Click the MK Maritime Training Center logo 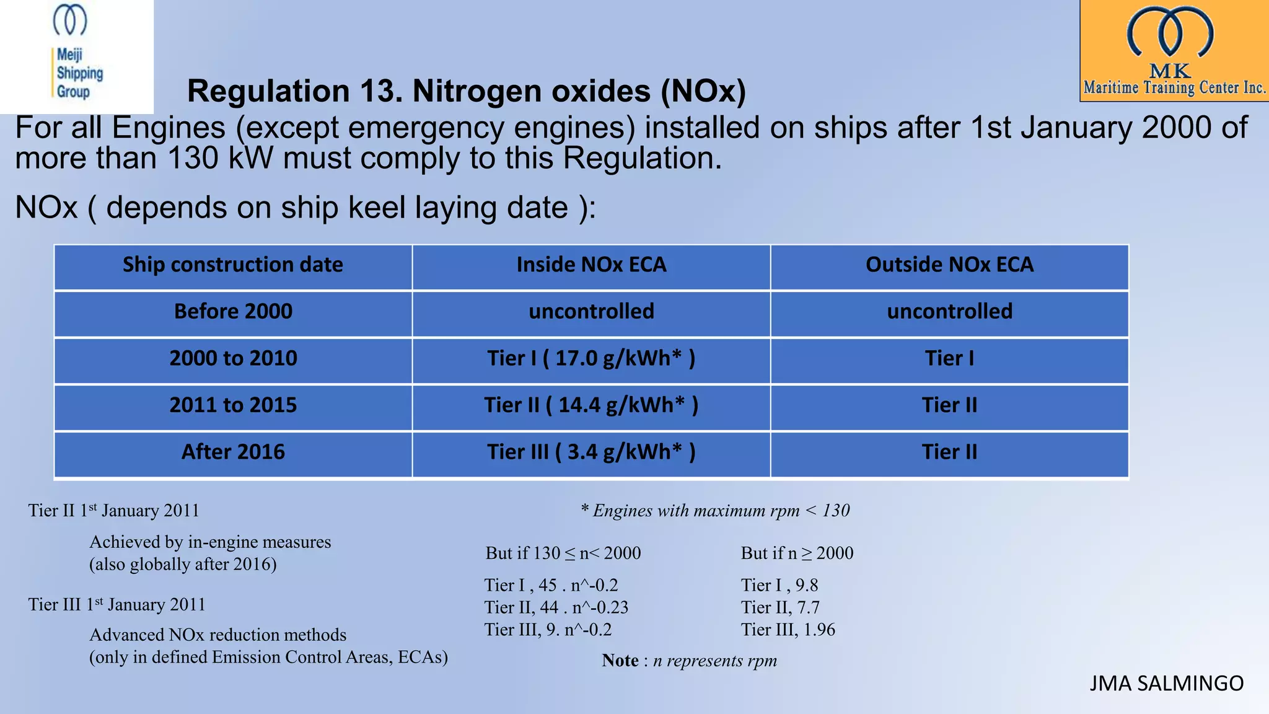point(1174,51)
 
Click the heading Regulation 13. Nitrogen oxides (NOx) point(466,91)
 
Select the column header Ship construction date point(233,265)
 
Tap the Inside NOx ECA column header point(591,265)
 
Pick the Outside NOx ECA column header point(949,265)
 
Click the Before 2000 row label point(233,312)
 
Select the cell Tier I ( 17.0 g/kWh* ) point(591,359)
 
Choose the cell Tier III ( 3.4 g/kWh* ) point(591,452)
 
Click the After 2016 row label point(233,452)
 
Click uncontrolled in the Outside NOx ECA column point(949,312)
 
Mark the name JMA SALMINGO point(1166,684)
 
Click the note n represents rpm point(689,661)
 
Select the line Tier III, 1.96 point(788,630)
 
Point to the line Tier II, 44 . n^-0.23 point(556,607)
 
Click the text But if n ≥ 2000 point(797,553)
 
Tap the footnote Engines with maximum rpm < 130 point(715,511)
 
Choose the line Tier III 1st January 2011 point(116,604)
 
